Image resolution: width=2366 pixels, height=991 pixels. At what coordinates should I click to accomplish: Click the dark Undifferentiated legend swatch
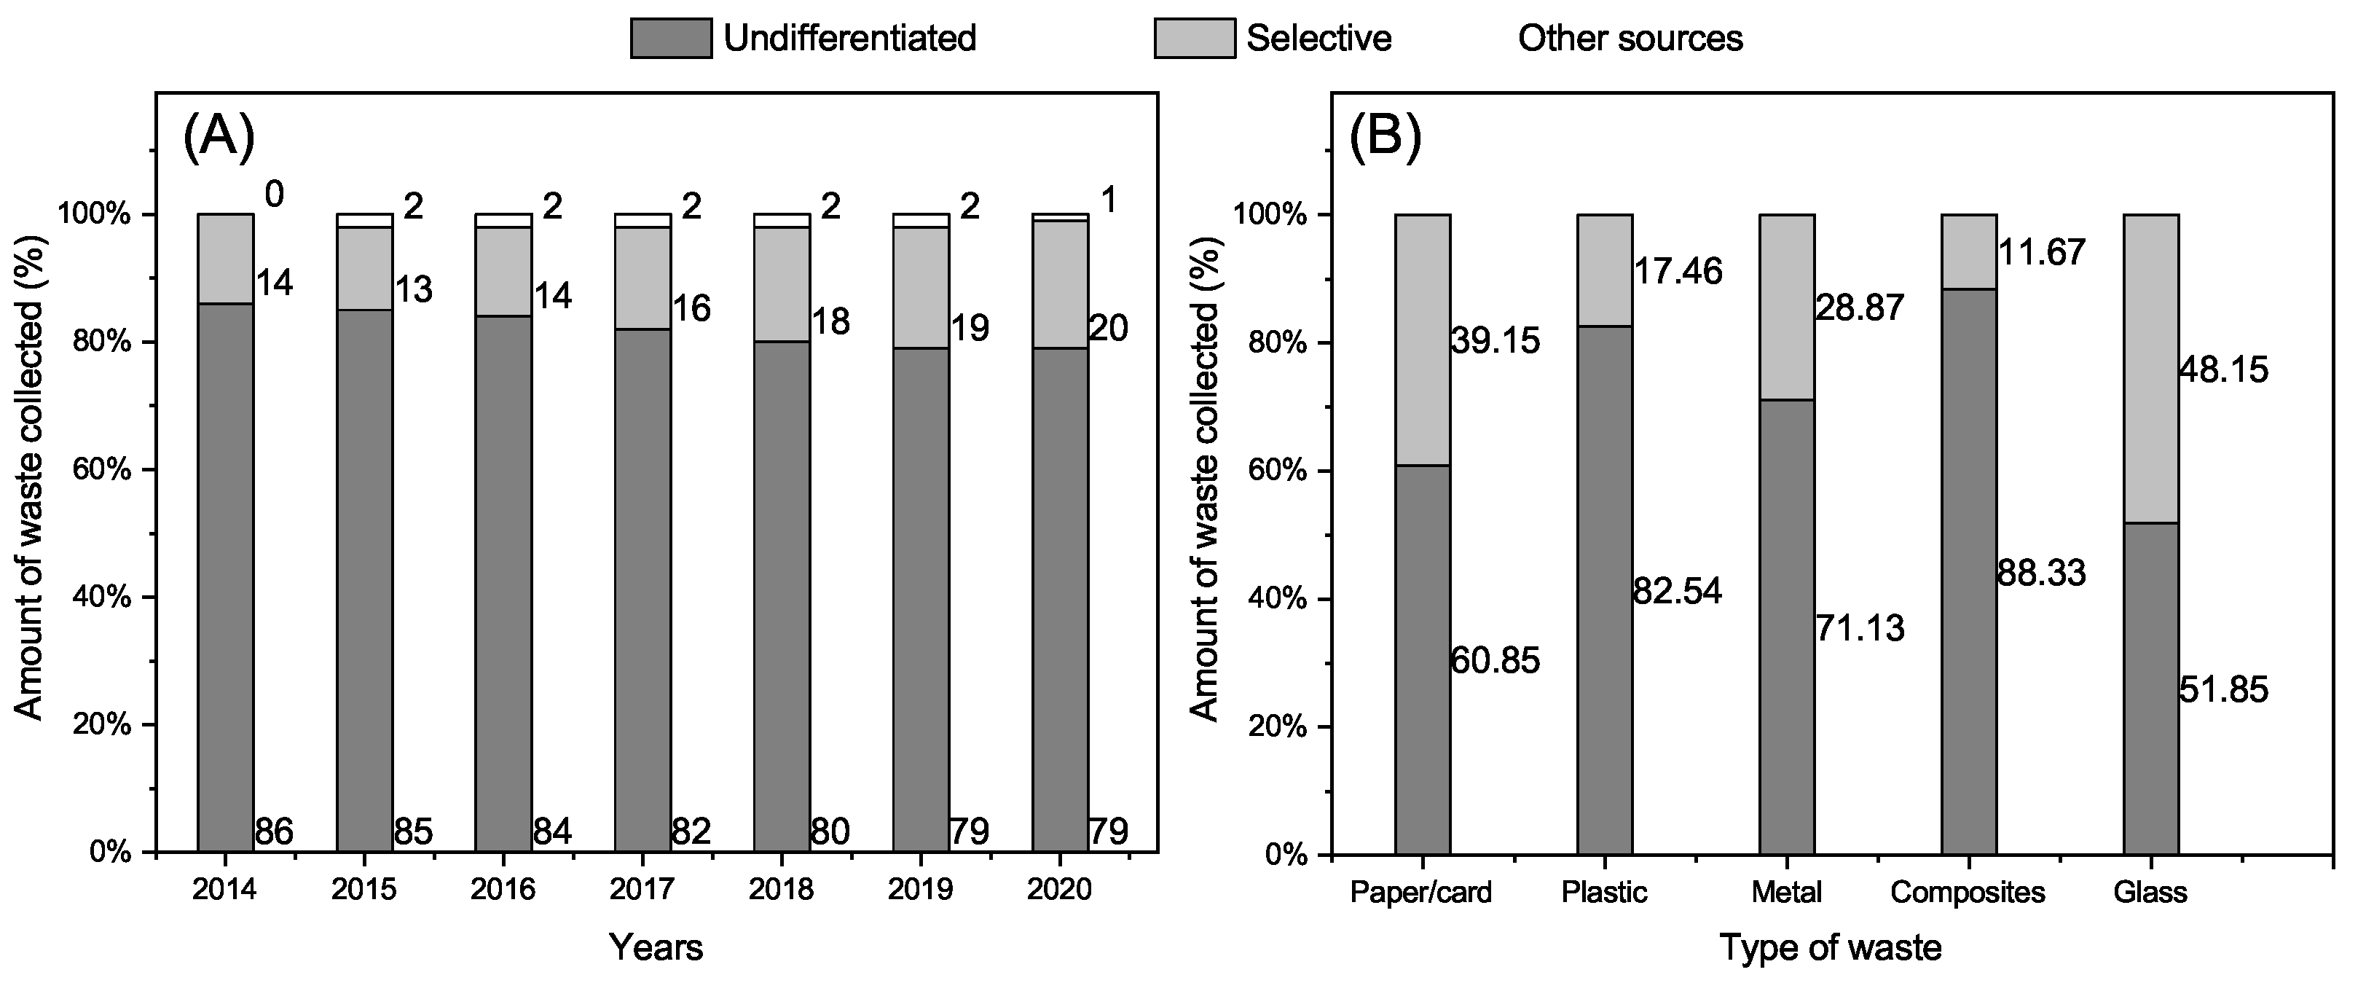click(x=670, y=39)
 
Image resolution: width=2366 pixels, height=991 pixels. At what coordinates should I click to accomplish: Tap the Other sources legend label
click(x=1630, y=39)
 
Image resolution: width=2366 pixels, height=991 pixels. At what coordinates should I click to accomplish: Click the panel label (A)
click(x=219, y=138)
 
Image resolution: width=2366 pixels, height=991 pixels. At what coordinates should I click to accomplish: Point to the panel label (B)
click(x=1384, y=138)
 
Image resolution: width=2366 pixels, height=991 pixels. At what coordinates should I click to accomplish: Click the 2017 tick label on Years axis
click(x=642, y=890)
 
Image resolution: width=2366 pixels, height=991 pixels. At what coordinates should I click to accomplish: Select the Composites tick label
click(x=1968, y=892)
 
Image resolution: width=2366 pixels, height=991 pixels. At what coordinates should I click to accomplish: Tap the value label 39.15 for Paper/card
click(x=1494, y=341)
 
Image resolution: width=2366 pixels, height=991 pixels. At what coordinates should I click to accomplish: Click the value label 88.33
click(x=2041, y=573)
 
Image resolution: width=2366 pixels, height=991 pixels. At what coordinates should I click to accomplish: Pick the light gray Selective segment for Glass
click(x=2151, y=367)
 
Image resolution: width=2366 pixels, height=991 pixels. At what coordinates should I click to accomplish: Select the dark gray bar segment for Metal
click(x=1786, y=624)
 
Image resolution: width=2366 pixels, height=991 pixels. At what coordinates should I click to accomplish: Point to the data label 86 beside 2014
click(x=274, y=832)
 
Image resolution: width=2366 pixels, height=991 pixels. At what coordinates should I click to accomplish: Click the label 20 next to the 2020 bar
click(x=1109, y=328)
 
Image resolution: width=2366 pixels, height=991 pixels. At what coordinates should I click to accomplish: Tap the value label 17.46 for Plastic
click(x=1677, y=271)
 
